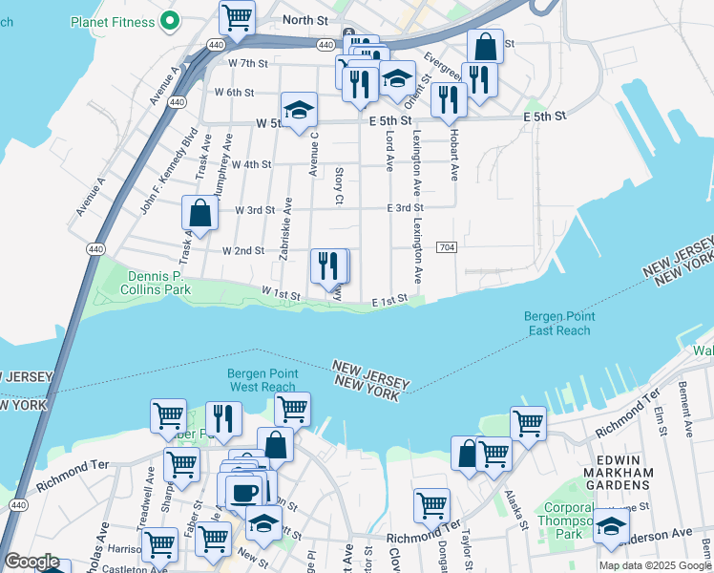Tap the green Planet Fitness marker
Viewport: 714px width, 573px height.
[171, 19]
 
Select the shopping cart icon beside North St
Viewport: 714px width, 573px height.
[237, 16]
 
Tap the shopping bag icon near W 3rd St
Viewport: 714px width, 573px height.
[200, 212]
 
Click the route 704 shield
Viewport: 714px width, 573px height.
[446, 247]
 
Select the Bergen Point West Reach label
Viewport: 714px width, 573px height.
[262, 380]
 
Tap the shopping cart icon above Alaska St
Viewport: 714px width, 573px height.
[527, 422]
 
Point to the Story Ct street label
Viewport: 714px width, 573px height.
[339, 185]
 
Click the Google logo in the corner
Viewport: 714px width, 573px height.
[31, 562]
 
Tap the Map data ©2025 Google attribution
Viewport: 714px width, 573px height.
[654, 565]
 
